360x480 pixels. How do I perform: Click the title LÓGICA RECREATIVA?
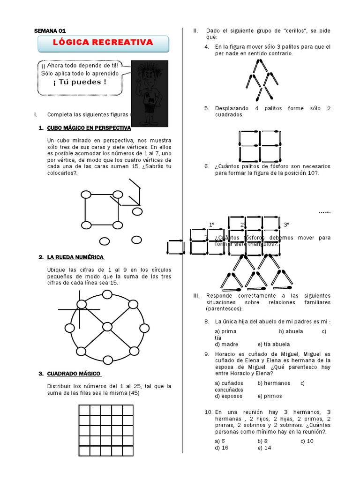(x=103, y=43)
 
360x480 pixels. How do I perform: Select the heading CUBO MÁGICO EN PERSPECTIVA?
(x=89, y=128)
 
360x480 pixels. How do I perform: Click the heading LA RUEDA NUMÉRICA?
(x=75, y=257)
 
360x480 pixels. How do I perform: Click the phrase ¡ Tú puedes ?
(x=80, y=82)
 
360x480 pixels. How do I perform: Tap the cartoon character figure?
(x=149, y=94)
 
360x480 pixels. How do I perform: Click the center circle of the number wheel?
(x=107, y=326)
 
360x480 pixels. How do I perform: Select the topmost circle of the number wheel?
(x=107, y=294)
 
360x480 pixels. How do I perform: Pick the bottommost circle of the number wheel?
(x=108, y=360)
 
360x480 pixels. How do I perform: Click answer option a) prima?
(x=225, y=331)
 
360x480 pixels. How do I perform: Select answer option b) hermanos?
(x=274, y=383)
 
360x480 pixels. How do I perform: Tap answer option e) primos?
(x=270, y=396)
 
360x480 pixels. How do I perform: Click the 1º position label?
(x=212, y=225)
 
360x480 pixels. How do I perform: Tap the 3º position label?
(x=286, y=225)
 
